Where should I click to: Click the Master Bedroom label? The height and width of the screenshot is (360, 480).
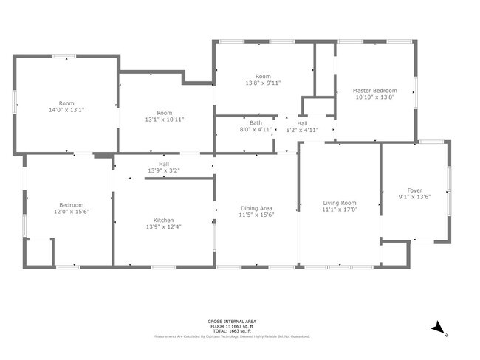[x=375, y=90]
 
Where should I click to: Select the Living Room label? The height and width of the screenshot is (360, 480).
[x=340, y=203]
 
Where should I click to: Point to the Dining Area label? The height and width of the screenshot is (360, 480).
[x=256, y=208]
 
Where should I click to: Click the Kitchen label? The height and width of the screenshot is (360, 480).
[x=163, y=221]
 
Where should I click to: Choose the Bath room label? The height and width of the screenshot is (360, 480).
[x=256, y=123]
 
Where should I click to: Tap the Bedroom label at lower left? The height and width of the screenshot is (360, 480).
[x=72, y=204]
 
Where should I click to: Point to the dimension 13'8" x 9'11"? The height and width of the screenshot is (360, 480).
[x=264, y=83]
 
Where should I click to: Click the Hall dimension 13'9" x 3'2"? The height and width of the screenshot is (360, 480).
[x=164, y=170]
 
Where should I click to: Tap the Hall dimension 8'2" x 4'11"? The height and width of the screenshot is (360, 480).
[x=302, y=130]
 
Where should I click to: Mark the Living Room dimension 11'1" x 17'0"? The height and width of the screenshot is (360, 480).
[x=340, y=210]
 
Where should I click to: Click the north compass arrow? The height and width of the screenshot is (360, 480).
[x=439, y=327]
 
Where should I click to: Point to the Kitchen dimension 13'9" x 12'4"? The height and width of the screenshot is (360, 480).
[x=163, y=227]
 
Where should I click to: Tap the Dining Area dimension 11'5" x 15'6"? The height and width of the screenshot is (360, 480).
[x=256, y=215]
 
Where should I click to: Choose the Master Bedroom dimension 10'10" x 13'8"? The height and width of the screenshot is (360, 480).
[x=375, y=97]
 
